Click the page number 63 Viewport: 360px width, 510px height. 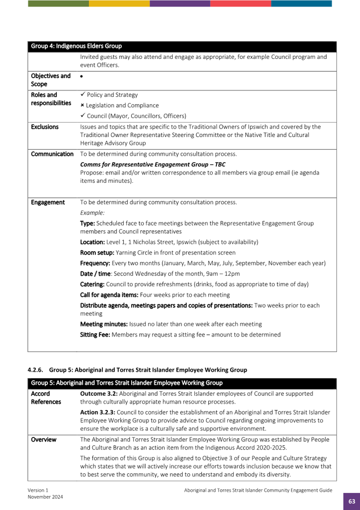tap(351, 501)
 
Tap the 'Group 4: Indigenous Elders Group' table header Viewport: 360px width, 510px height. tap(76, 46)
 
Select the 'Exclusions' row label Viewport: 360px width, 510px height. tap(44, 127)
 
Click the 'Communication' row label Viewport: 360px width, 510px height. tap(52, 154)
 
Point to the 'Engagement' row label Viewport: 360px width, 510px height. tap(48, 202)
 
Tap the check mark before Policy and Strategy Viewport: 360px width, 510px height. tap(83, 95)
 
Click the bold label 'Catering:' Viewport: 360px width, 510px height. tap(92, 284)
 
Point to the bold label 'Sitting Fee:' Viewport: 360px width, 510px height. tap(95, 334)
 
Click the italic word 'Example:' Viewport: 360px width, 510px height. tap(92, 213)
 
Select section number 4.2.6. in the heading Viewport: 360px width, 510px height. tap(36, 370)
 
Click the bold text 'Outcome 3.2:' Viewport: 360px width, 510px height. tap(97, 393)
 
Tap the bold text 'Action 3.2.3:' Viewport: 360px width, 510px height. tap(98, 412)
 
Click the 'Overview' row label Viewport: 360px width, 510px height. tap(44, 440)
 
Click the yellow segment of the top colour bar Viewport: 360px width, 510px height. tap(119, 3)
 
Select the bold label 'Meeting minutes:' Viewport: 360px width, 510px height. tap(104, 324)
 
